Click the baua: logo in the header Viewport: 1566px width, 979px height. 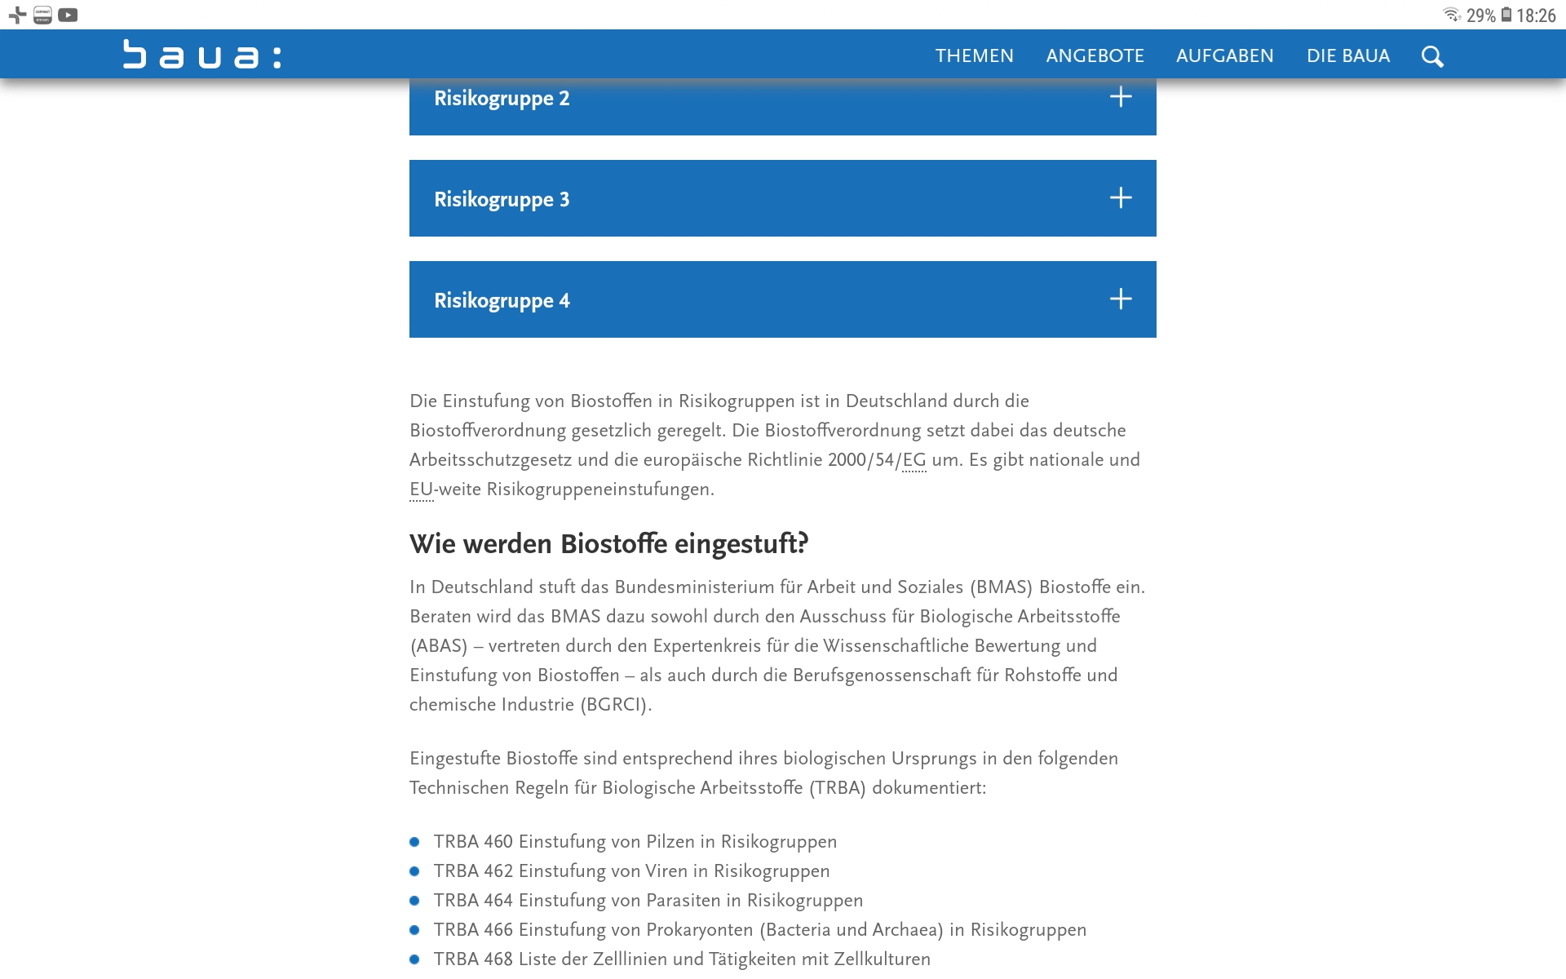click(x=202, y=55)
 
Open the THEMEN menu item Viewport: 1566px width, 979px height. click(x=974, y=55)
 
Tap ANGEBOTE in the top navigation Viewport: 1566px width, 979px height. click(x=1095, y=55)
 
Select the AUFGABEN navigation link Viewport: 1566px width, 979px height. click(x=1224, y=55)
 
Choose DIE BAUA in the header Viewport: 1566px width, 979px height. click(x=1347, y=55)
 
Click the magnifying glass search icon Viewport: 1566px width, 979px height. click(x=1432, y=56)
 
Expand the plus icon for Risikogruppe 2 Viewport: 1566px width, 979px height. click(x=1121, y=97)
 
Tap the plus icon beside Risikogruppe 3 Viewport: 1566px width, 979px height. click(x=1121, y=198)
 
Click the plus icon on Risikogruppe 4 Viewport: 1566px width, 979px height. click(x=1121, y=299)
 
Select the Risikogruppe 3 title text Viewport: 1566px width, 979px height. click(x=502, y=199)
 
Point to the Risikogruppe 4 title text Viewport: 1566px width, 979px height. click(x=502, y=300)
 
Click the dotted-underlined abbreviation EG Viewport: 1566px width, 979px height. click(x=913, y=460)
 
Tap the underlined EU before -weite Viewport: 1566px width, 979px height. click(x=421, y=489)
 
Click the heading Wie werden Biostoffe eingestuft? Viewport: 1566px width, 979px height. click(x=608, y=543)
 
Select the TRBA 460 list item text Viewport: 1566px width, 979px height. click(x=635, y=841)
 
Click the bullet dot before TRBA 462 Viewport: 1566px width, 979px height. click(x=414, y=871)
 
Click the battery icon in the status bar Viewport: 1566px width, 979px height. click(x=1506, y=15)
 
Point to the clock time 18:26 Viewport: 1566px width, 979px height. click(x=1536, y=16)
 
